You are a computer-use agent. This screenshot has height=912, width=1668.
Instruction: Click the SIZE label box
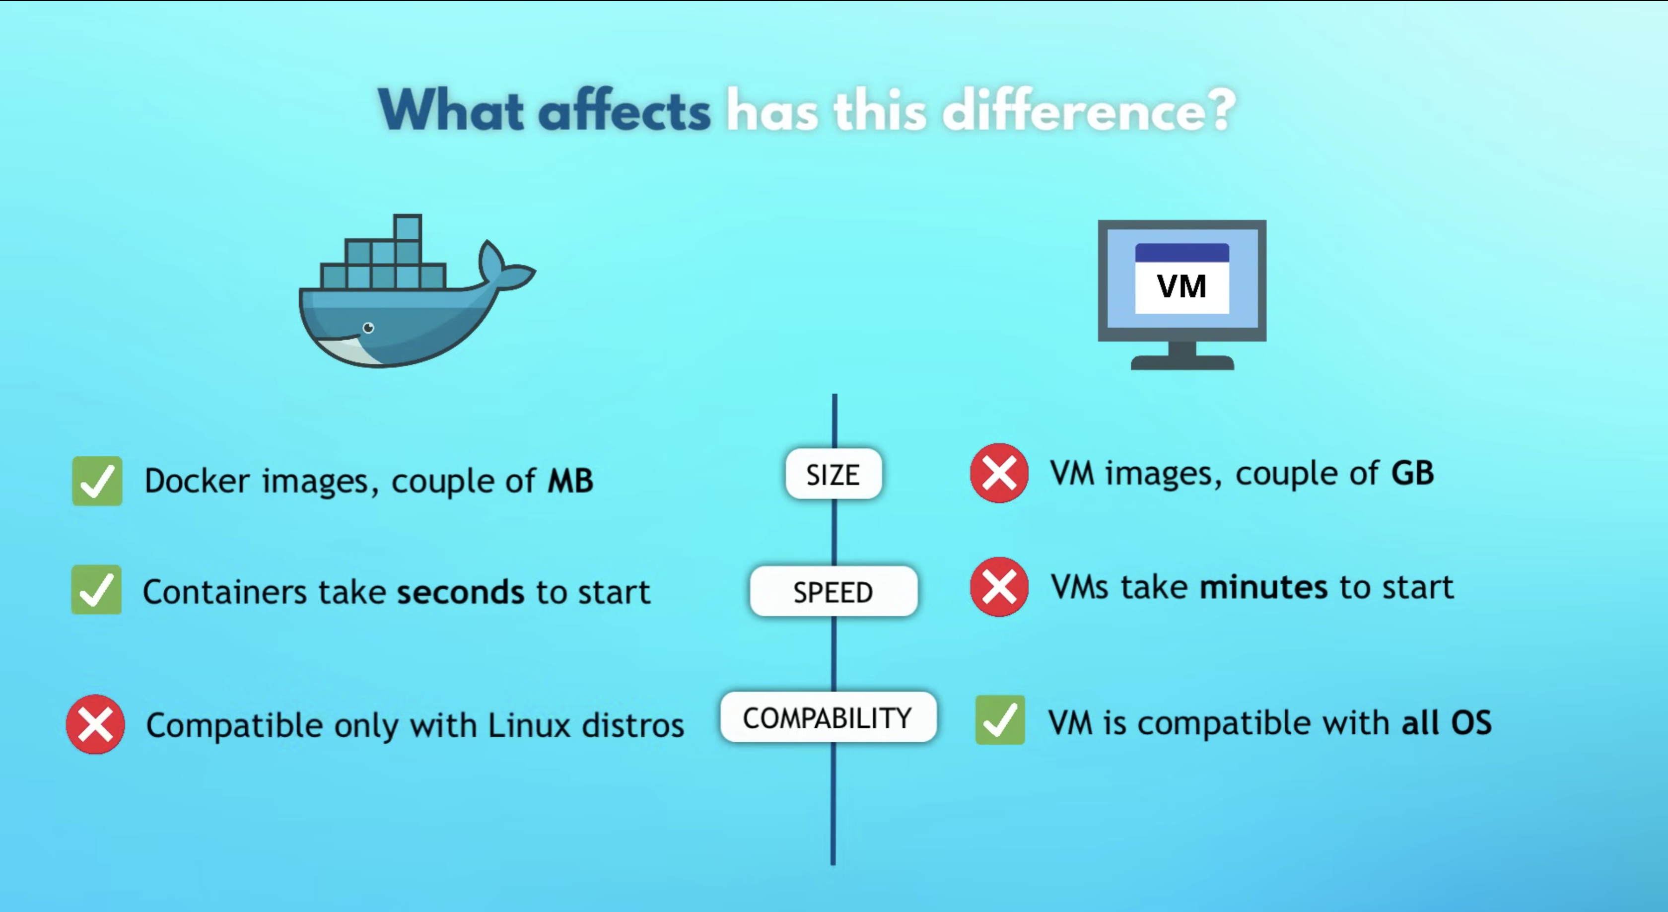click(x=834, y=474)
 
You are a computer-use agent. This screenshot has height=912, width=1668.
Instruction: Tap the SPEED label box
click(x=834, y=591)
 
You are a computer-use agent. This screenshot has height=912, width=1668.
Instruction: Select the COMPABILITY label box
click(x=828, y=717)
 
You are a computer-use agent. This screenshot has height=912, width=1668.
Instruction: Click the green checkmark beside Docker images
click(x=97, y=481)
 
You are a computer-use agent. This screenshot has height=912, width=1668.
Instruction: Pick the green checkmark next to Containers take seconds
click(x=96, y=589)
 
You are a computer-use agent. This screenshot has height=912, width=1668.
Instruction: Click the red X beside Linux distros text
click(x=95, y=724)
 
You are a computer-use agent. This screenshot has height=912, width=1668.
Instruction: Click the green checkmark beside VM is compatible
click(x=1000, y=720)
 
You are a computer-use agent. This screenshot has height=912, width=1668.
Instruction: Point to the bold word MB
click(x=570, y=481)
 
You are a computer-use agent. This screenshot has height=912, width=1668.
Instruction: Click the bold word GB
click(x=1412, y=473)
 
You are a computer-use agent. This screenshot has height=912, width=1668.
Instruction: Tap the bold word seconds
click(x=460, y=592)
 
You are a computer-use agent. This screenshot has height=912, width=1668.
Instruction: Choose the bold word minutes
click(x=1263, y=587)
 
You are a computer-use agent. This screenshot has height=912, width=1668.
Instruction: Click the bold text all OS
click(x=1446, y=722)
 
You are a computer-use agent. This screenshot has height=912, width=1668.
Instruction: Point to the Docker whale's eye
click(x=368, y=328)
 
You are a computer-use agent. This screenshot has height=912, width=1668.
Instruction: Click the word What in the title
click(x=451, y=111)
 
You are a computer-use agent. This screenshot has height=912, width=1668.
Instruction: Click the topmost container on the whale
click(x=407, y=227)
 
